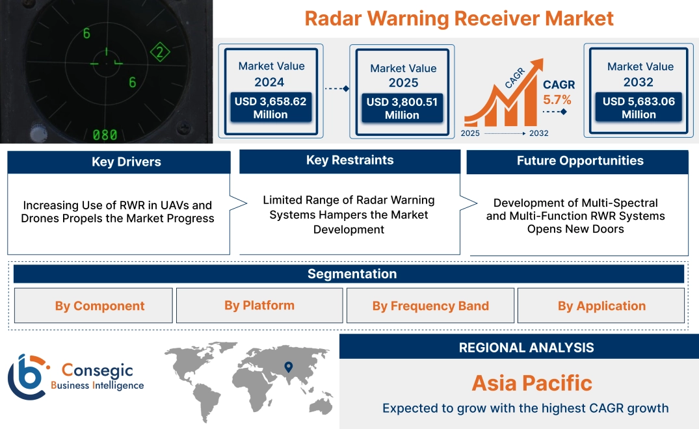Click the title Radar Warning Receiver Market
click(459, 18)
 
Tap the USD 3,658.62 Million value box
click(270, 108)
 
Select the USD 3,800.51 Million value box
click(402, 109)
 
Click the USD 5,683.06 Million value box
click(639, 108)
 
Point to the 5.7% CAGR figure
click(557, 99)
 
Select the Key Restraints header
click(350, 161)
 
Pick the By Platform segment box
click(259, 305)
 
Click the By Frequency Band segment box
click(430, 306)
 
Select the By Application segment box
click(601, 306)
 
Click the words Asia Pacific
click(532, 383)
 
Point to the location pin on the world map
click(289, 367)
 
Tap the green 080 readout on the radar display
click(105, 135)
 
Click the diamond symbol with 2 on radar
click(159, 53)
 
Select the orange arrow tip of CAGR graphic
click(538, 64)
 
